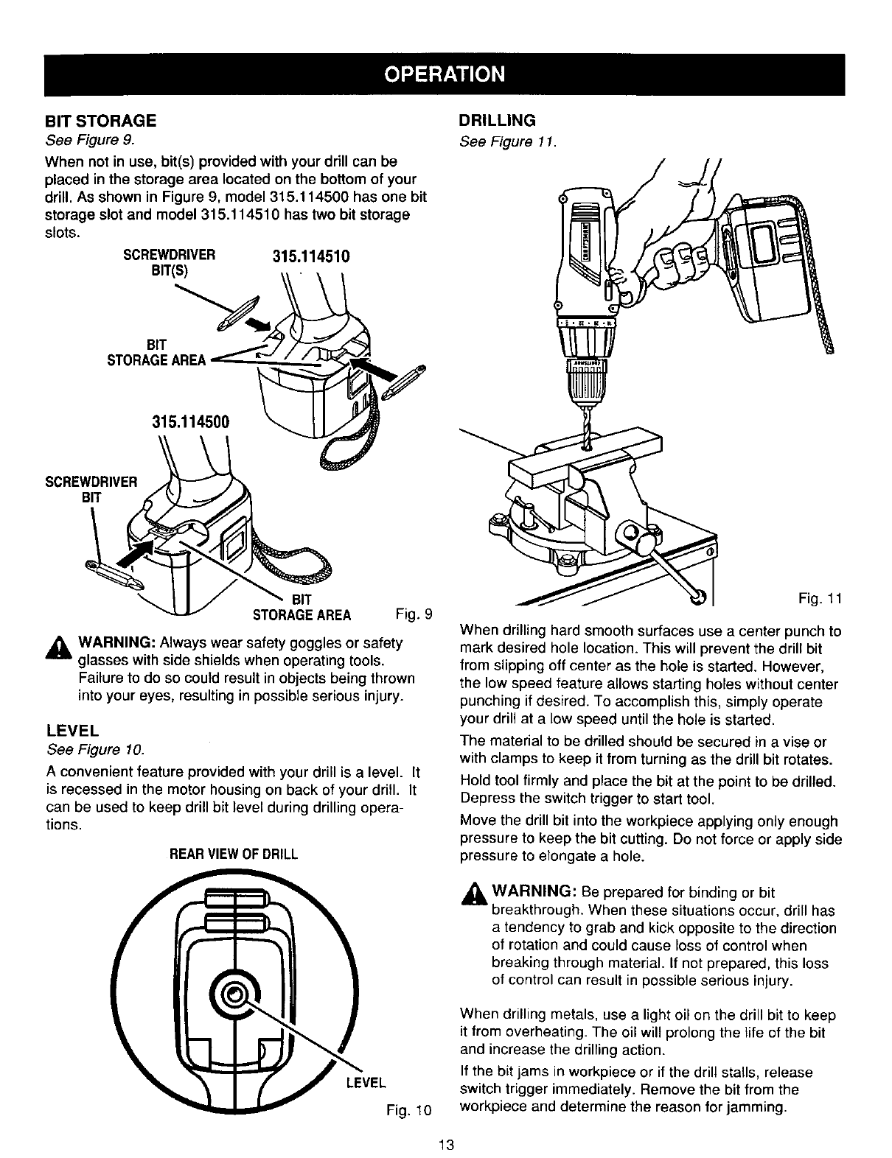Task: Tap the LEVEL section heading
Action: [x=72, y=731]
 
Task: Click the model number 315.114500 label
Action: [x=191, y=421]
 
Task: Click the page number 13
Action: [x=445, y=1145]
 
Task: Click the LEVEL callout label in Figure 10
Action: [x=366, y=1082]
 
